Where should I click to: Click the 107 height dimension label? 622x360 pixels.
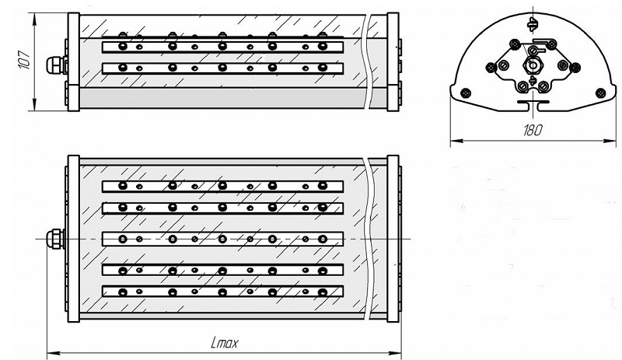click(x=25, y=60)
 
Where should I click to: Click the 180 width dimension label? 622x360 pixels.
click(x=533, y=130)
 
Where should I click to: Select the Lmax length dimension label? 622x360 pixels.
click(x=225, y=343)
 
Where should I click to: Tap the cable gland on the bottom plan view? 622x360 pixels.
click(x=56, y=239)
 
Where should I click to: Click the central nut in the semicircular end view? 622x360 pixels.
click(x=532, y=65)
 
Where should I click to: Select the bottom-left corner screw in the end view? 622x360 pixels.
click(x=465, y=93)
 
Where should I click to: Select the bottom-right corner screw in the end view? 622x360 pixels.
click(x=600, y=93)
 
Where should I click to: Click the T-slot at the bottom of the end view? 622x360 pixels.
click(x=533, y=105)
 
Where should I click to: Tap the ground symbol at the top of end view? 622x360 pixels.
click(x=533, y=24)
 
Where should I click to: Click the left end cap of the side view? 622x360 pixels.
click(x=73, y=61)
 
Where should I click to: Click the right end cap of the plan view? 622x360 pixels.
click(x=393, y=239)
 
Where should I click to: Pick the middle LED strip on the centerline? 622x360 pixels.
click(x=222, y=239)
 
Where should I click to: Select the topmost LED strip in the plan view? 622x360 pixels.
click(x=222, y=186)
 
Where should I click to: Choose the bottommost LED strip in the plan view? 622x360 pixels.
click(x=222, y=292)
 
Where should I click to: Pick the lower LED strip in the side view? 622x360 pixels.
click(x=222, y=68)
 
